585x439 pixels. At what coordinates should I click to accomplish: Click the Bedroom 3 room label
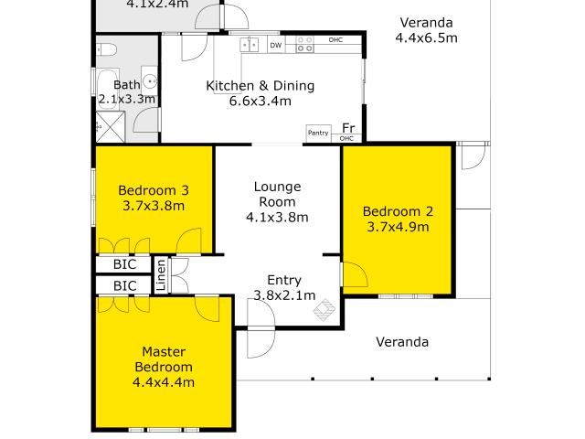pyautogui.click(x=154, y=190)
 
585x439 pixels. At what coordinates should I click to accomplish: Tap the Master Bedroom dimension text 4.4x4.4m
pyautogui.click(x=164, y=382)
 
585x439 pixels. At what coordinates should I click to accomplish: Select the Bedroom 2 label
pyautogui.click(x=398, y=211)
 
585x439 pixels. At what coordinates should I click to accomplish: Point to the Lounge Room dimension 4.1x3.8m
pyautogui.click(x=277, y=217)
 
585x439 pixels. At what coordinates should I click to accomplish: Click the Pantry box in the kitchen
pyautogui.click(x=318, y=133)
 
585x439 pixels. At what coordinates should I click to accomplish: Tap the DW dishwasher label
pyautogui.click(x=276, y=45)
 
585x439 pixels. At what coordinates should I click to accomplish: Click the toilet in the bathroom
pyautogui.click(x=107, y=49)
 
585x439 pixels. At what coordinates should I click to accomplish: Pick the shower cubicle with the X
pyautogui.click(x=111, y=126)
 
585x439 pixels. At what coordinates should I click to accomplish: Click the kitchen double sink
pyautogui.click(x=250, y=45)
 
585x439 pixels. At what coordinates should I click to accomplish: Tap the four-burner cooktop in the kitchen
pyautogui.click(x=304, y=44)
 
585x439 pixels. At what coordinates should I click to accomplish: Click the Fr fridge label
pyautogui.click(x=348, y=128)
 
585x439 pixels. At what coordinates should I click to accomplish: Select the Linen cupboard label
pyautogui.click(x=161, y=275)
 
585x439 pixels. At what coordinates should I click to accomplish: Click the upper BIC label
pyautogui.click(x=124, y=264)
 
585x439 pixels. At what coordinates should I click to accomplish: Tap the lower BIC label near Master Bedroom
pyautogui.click(x=124, y=286)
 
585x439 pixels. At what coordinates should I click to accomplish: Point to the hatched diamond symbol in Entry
pyautogui.click(x=324, y=309)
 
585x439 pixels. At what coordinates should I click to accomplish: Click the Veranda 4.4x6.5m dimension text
pyautogui.click(x=427, y=37)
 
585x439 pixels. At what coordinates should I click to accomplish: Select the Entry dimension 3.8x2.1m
pyautogui.click(x=284, y=295)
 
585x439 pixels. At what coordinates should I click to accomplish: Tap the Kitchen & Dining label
pyautogui.click(x=261, y=85)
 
